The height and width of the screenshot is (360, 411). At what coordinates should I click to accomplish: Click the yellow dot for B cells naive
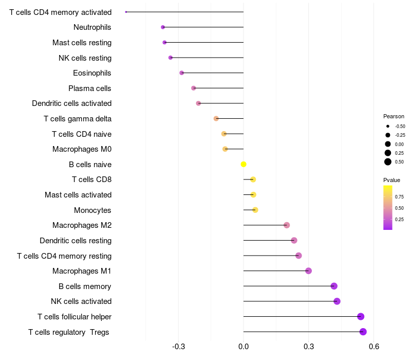pos(244,164)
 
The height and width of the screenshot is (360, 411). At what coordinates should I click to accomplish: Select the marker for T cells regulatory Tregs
pos(363,332)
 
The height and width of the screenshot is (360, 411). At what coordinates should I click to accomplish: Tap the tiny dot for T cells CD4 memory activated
pos(126,12)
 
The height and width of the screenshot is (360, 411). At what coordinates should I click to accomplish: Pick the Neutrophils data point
pos(163,27)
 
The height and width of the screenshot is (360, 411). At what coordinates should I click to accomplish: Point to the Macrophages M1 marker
pos(309,271)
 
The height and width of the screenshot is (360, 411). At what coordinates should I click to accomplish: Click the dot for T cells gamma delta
pos(216,119)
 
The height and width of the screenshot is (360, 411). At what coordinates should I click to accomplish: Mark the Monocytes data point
pos(255,210)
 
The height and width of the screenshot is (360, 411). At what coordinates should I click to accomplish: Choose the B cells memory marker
pos(334,286)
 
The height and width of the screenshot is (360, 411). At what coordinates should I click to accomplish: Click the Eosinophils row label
pos(92,73)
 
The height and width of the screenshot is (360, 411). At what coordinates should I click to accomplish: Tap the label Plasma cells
pos(89,88)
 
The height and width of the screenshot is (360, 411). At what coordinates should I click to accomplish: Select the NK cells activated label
pos(81,301)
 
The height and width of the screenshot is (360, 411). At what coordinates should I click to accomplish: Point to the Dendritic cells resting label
pos(76,241)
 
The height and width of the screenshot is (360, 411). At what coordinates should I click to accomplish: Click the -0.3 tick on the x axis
pos(178,347)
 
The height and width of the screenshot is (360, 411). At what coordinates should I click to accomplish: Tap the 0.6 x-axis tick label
pos(374,347)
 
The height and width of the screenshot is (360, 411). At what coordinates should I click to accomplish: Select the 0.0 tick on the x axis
pos(244,347)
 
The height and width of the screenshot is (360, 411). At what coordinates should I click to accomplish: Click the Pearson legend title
pos(394,116)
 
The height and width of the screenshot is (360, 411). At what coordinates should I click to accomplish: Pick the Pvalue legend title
pos(391,180)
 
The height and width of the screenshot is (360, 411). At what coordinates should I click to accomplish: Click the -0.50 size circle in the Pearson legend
pos(388,126)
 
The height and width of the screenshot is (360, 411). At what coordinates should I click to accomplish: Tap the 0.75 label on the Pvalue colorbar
pos(399,197)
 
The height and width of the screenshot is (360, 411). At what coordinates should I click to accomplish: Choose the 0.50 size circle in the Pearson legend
pos(388,162)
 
